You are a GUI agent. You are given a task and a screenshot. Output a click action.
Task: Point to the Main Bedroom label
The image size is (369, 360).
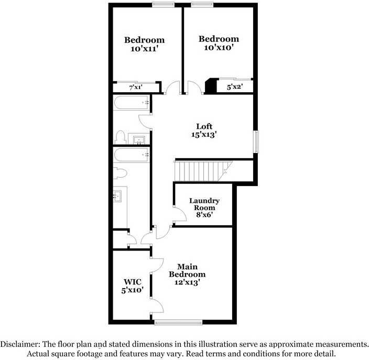click(x=187, y=270)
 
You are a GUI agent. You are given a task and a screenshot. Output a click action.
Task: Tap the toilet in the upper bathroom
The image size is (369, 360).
click(x=120, y=137)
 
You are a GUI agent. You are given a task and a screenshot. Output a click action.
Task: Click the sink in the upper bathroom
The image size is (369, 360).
click(x=138, y=139)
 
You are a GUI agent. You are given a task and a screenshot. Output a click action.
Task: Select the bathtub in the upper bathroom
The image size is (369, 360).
click(x=132, y=102)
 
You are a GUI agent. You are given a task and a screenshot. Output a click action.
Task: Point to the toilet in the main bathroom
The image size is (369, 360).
click(x=120, y=172)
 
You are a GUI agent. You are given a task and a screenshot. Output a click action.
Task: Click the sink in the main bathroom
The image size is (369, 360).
click(x=117, y=197)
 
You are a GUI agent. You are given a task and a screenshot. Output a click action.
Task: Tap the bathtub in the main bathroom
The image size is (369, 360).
click(x=132, y=154)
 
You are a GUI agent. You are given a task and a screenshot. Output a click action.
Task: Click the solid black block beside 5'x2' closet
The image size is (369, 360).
click(x=210, y=86)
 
